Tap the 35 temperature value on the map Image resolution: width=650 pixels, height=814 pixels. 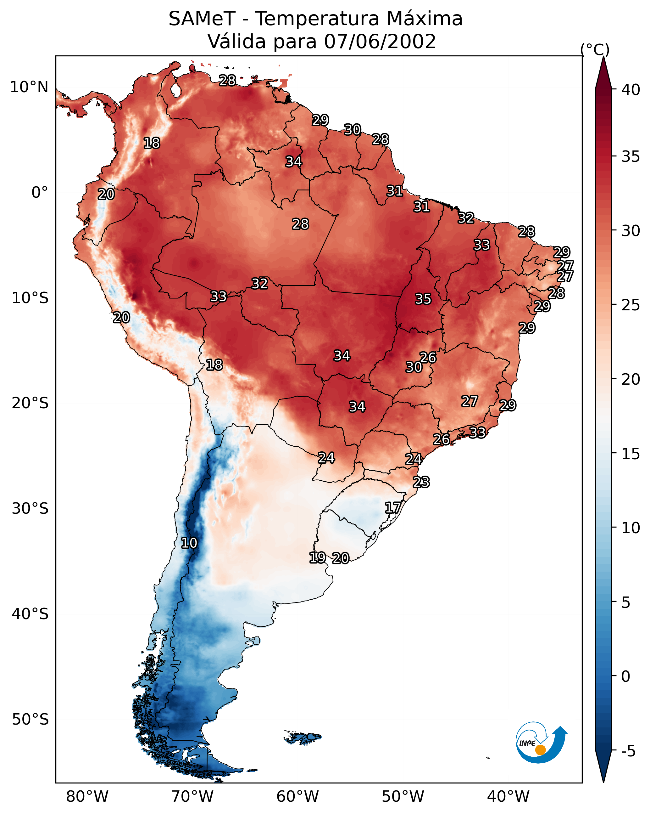coord(423,299)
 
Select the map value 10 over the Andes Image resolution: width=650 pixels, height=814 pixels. coord(189,543)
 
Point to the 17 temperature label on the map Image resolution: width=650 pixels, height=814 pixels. coord(393,507)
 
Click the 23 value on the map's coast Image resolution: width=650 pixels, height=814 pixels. coord(421,482)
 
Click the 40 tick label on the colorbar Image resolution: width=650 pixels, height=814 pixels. coord(631,90)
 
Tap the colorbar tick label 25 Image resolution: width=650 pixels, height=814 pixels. coord(631,305)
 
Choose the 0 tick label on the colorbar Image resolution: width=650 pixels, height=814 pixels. coord(625,676)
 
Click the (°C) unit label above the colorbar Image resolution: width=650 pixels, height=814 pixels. coord(595,49)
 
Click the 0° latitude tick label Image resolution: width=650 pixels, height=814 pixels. coord(40,193)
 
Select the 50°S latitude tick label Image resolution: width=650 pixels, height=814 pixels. coord(30,720)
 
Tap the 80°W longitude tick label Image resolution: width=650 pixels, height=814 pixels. coord(87,796)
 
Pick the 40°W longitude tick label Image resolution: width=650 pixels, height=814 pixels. coord(508,796)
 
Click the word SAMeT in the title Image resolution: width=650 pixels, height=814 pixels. coord(202,19)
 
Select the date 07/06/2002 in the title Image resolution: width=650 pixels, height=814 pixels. coord(380,42)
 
